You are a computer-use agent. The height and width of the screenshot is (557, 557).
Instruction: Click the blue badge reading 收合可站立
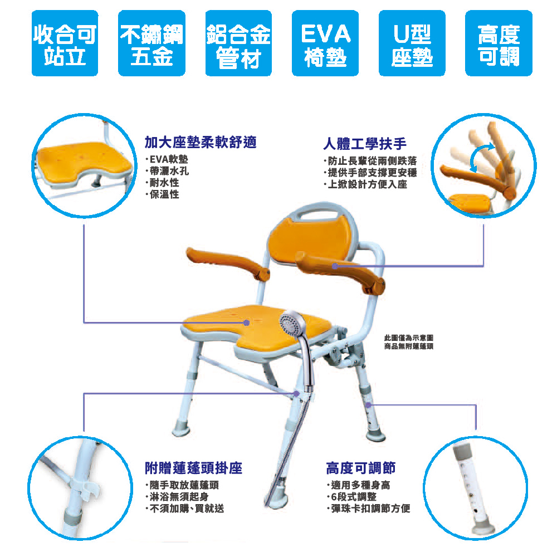click(65, 43)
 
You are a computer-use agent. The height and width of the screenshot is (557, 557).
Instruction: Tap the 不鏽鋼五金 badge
click(152, 43)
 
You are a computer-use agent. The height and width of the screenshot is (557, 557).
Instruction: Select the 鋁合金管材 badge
click(238, 43)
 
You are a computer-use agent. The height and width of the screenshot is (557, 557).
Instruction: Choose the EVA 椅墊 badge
click(325, 43)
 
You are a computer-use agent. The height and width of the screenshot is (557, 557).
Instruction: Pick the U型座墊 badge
click(412, 43)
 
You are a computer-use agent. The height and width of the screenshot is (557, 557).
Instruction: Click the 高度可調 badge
click(499, 43)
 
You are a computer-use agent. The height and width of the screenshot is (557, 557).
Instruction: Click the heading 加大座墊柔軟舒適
click(201, 142)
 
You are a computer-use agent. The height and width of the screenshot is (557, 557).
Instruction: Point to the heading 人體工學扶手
click(365, 144)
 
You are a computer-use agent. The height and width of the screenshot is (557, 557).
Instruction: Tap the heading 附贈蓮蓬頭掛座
click(194, 468)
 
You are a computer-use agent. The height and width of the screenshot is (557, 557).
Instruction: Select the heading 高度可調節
click(360, 468)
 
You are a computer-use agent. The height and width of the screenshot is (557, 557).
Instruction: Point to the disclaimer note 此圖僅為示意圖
click(408, 338)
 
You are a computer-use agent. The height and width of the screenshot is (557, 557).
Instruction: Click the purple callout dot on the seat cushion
click(247, 323)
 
